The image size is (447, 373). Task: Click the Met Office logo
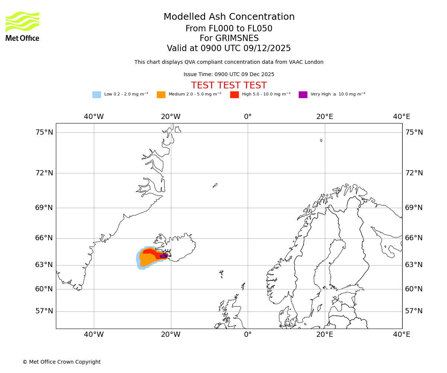[x=22, y=26]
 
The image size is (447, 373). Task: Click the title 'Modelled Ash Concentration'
[x=229, y=17]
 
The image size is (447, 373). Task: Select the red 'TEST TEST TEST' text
[x=229, y=85]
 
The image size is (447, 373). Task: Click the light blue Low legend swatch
[x=96, y=95]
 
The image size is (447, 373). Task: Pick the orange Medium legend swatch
[x=161, y=95]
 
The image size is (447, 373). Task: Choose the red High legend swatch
[x=234, y=95]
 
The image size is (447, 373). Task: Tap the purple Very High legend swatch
[x=303, y=95]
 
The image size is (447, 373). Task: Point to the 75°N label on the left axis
[x=44, y=132]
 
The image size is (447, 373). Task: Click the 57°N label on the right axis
[x=414, y=311]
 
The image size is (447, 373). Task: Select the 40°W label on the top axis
[x=94, y=117]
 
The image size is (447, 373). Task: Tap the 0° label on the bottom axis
[x=248, y=335]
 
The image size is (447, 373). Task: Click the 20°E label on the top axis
[x=325, y=117]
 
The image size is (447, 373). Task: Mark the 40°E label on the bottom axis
[x=402, y=335]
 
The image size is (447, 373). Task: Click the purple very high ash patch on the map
[x=163, y=256]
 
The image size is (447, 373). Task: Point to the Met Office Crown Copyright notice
[x=61, y=362]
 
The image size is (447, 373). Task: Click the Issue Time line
[x=229, y=75]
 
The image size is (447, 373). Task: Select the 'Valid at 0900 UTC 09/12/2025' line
[x=229, y=48]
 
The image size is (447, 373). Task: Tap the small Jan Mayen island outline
[x=215, y=185]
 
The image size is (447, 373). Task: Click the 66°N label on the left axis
[x=44, y=238]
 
